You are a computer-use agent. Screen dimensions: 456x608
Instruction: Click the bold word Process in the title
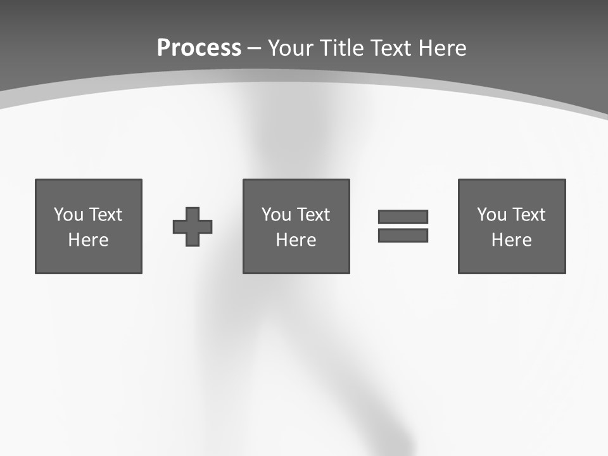point(199,48)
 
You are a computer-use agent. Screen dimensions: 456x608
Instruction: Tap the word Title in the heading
point(343,48)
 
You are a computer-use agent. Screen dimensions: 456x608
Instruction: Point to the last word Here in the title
point(443,48)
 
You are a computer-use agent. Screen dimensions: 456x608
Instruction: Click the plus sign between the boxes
point(193,227)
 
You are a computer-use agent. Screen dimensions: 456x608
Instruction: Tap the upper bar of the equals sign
point(403,217)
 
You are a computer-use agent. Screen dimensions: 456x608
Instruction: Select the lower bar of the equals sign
point(403,236)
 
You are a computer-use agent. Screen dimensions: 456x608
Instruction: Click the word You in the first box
point(68,215)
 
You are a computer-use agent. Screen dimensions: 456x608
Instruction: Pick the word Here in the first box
point(89,240)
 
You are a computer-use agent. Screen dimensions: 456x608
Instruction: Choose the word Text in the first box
point(105,215)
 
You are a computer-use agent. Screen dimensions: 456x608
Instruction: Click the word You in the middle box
point(276,215)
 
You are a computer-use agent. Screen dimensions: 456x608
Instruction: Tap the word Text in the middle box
point(313,215)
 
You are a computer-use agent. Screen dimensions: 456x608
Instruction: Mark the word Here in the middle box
point(296,240)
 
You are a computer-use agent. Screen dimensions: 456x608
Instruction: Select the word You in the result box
point(491,215)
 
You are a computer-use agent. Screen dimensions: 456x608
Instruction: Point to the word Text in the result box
point(528,215)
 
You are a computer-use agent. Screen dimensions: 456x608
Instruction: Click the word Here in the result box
point(512,240)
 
